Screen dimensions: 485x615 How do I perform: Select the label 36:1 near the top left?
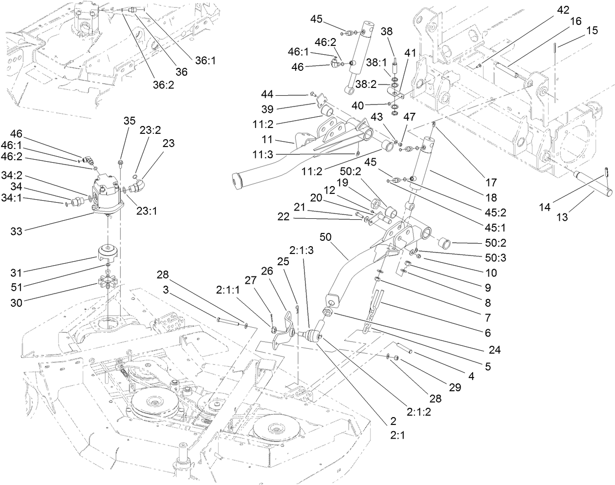coord(206,60)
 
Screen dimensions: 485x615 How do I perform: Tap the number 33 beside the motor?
coord(17,231)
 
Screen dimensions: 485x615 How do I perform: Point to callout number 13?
coord(562,217)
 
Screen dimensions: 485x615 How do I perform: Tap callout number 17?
coord(491,183)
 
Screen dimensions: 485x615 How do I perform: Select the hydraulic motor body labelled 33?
coord(109,195)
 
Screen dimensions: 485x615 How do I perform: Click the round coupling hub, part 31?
coord(110,252)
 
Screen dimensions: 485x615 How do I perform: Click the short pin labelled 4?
coord(404,348)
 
